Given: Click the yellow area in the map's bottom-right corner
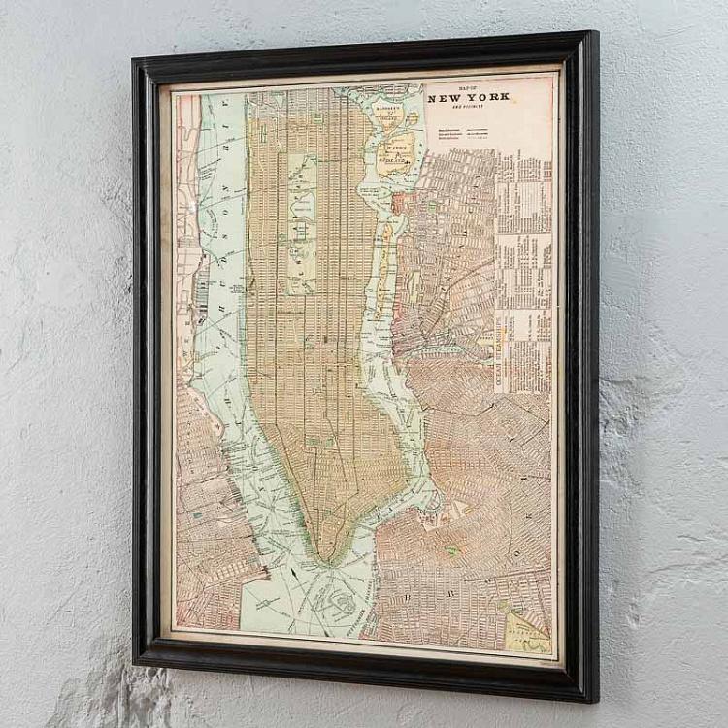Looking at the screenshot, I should [x=529, y=631].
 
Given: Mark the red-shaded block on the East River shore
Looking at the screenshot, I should [x=398, y=204].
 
